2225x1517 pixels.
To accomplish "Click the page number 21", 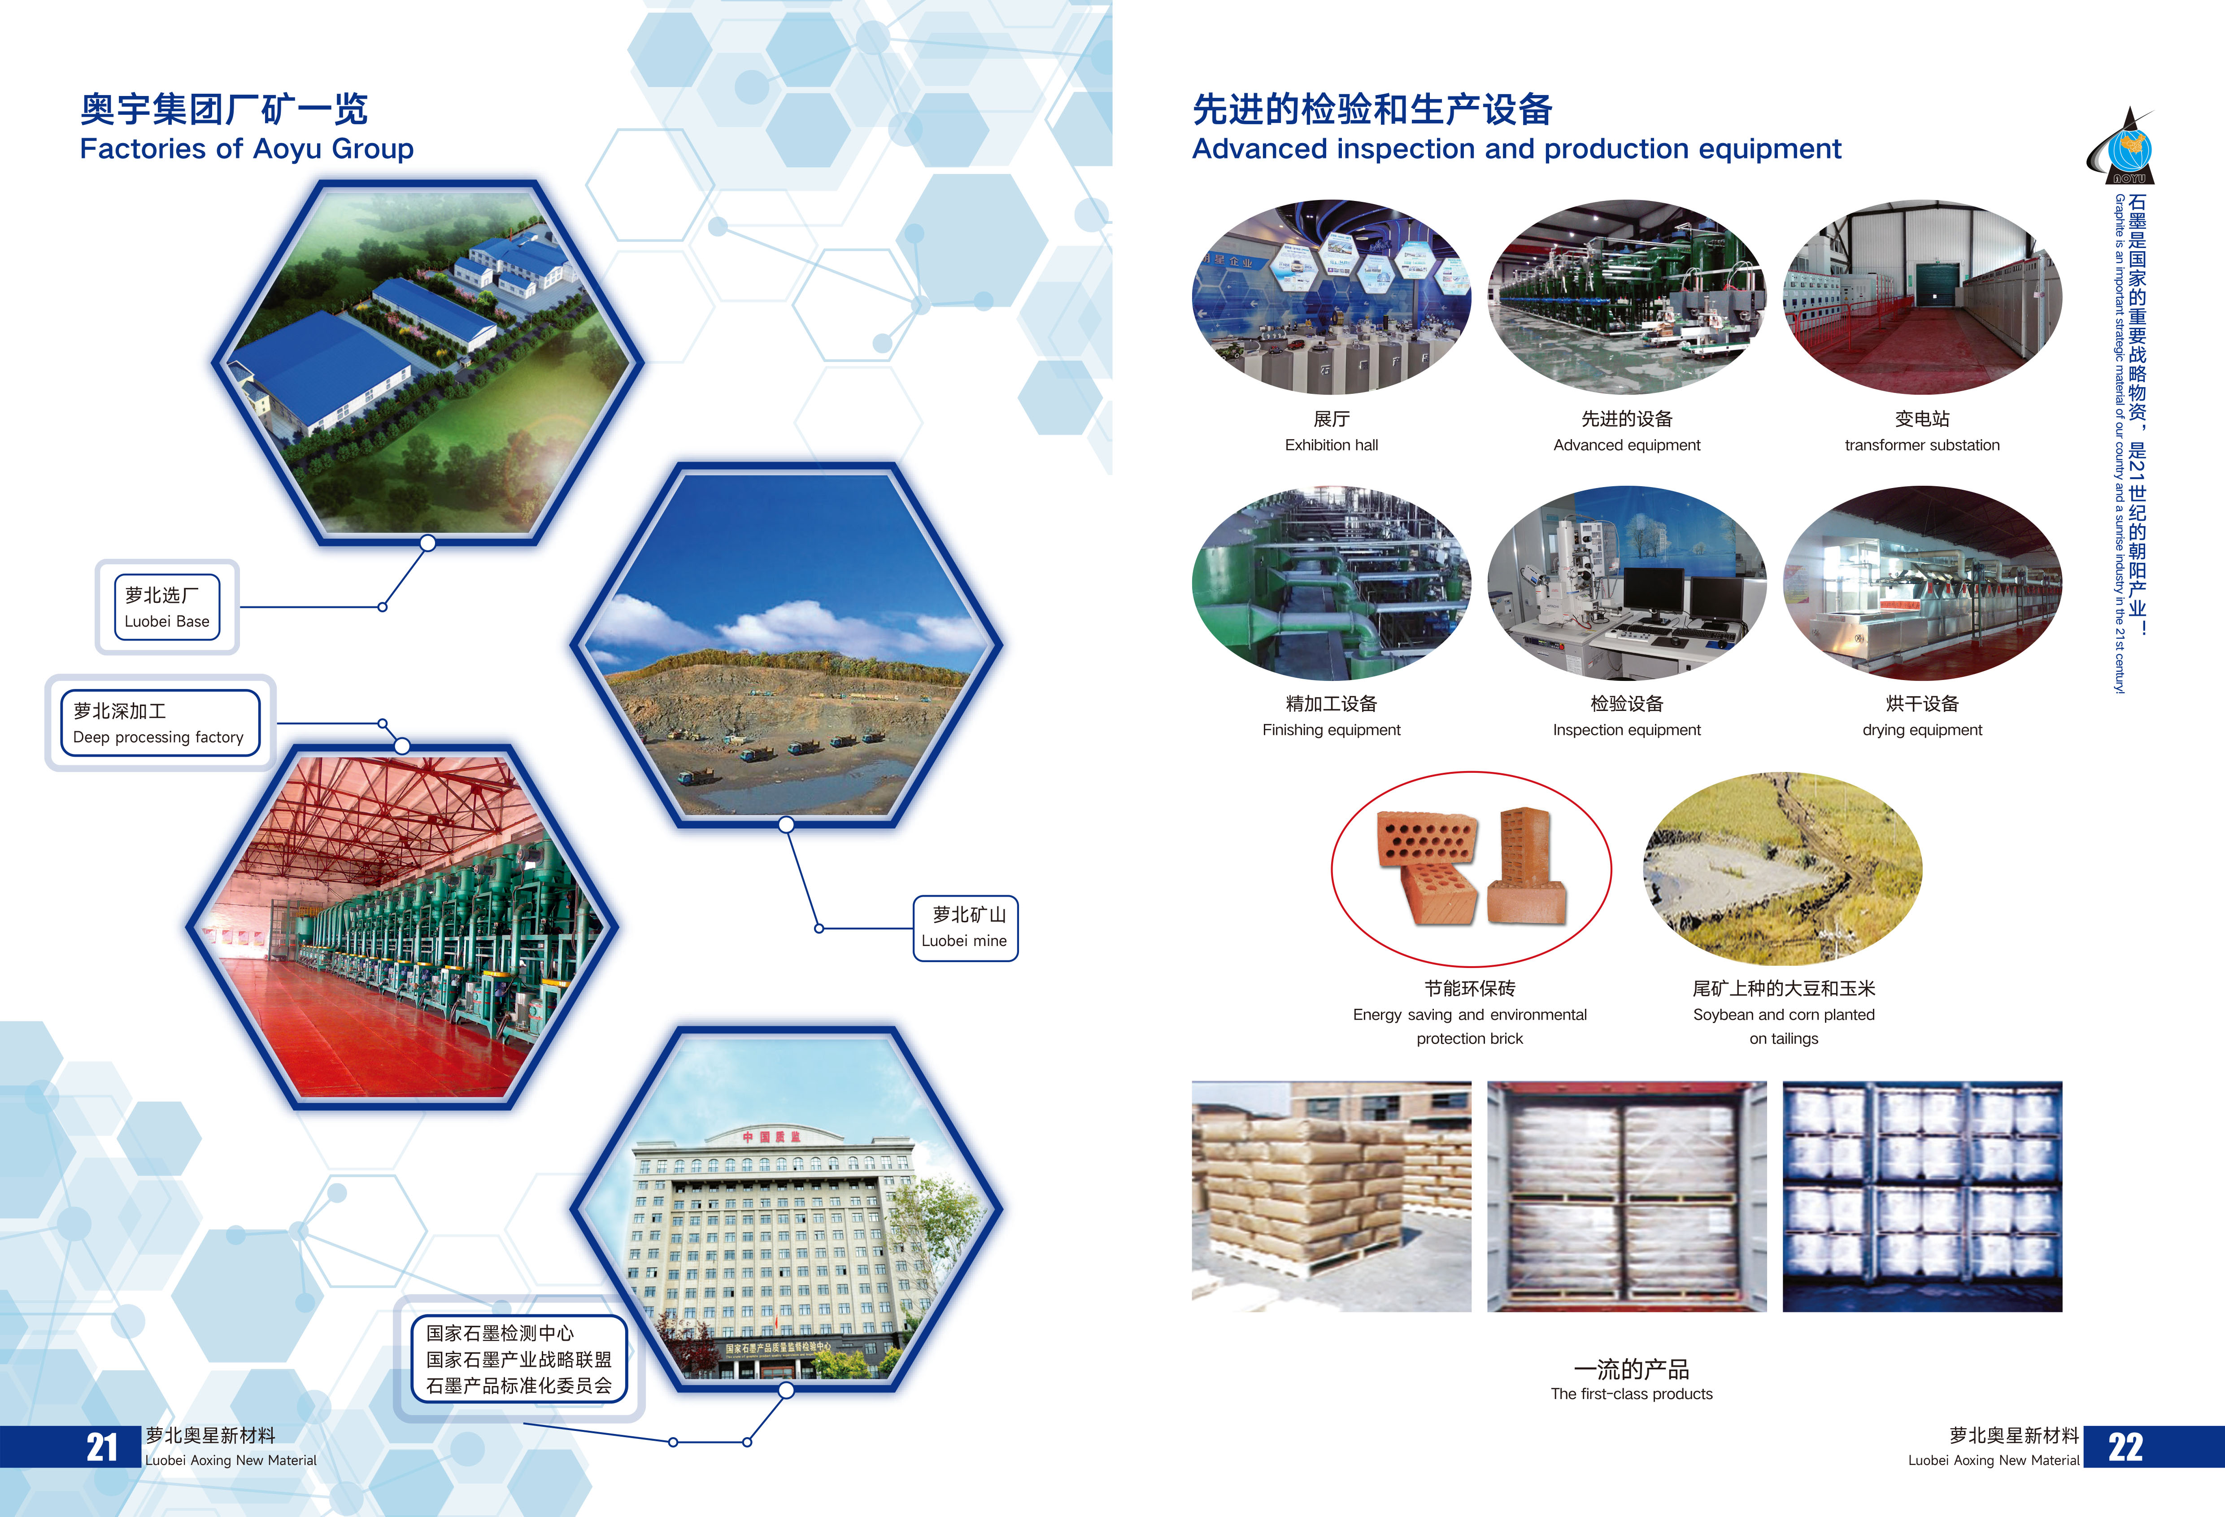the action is pyautogui.click(x=102, y=1447).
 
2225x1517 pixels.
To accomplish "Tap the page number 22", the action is pyautogui.click(x=2125, y=1447).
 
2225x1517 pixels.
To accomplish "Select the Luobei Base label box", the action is pyautogui.click(x=166, y=607).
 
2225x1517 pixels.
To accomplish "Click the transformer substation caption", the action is pyautogui.click(x=1921, y=445).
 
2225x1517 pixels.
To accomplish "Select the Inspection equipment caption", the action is pyautogui.click(x=1627, y=730).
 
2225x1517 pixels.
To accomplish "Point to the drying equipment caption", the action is pyautogui.click(x=1921, y=730).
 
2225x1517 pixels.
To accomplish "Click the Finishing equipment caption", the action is pyautogui.click(x=1331, y=730).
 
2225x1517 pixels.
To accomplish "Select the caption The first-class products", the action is pyautogui.click(x=1631, y=1394).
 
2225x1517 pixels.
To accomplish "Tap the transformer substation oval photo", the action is pyautogui.click(x=1921, y=297).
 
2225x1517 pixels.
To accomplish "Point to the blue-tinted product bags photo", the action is pyautogui.click(x=1921, y=1196).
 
